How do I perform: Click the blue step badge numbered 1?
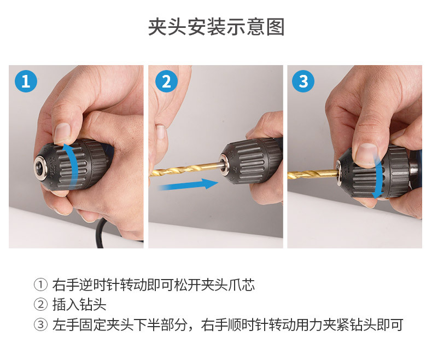26,82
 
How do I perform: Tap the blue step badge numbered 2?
166,82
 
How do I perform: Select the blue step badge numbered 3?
303,82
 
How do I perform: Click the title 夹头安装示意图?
216,27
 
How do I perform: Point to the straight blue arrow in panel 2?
188,185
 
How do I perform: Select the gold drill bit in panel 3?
313,174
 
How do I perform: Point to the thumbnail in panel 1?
62,133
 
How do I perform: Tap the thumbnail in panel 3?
366,154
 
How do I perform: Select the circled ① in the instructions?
40,284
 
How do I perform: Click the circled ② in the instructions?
40,305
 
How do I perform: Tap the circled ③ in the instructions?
40,324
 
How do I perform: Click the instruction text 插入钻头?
79,305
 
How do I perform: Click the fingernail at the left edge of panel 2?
160,132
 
